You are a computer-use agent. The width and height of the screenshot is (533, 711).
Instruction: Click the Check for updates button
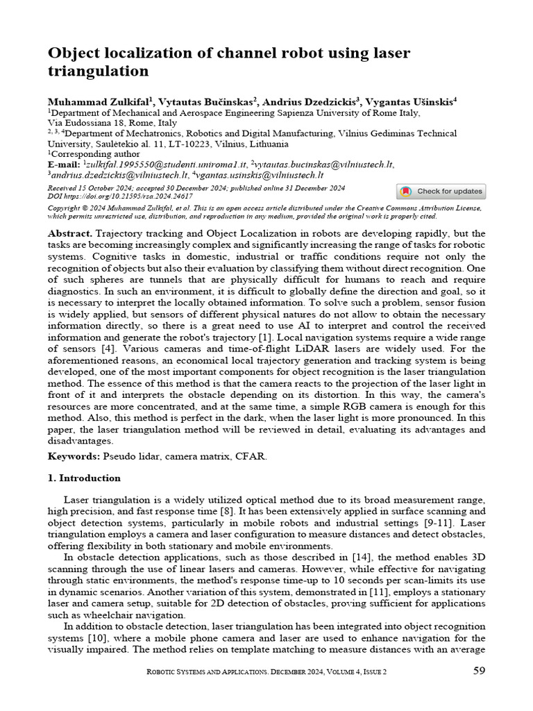click(441, 192)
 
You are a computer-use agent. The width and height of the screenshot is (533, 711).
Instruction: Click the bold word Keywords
click(74, 456)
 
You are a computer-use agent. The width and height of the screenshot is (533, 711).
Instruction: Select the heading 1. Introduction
click(84, 478)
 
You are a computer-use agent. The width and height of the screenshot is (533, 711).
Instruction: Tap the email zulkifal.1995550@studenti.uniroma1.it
click(166, 165)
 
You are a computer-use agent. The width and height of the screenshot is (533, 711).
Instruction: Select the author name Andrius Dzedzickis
click(310, 101)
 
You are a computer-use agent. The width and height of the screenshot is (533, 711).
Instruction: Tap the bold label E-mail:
click(64, 165)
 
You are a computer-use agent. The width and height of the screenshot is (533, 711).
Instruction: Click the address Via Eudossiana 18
click(88, 122)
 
